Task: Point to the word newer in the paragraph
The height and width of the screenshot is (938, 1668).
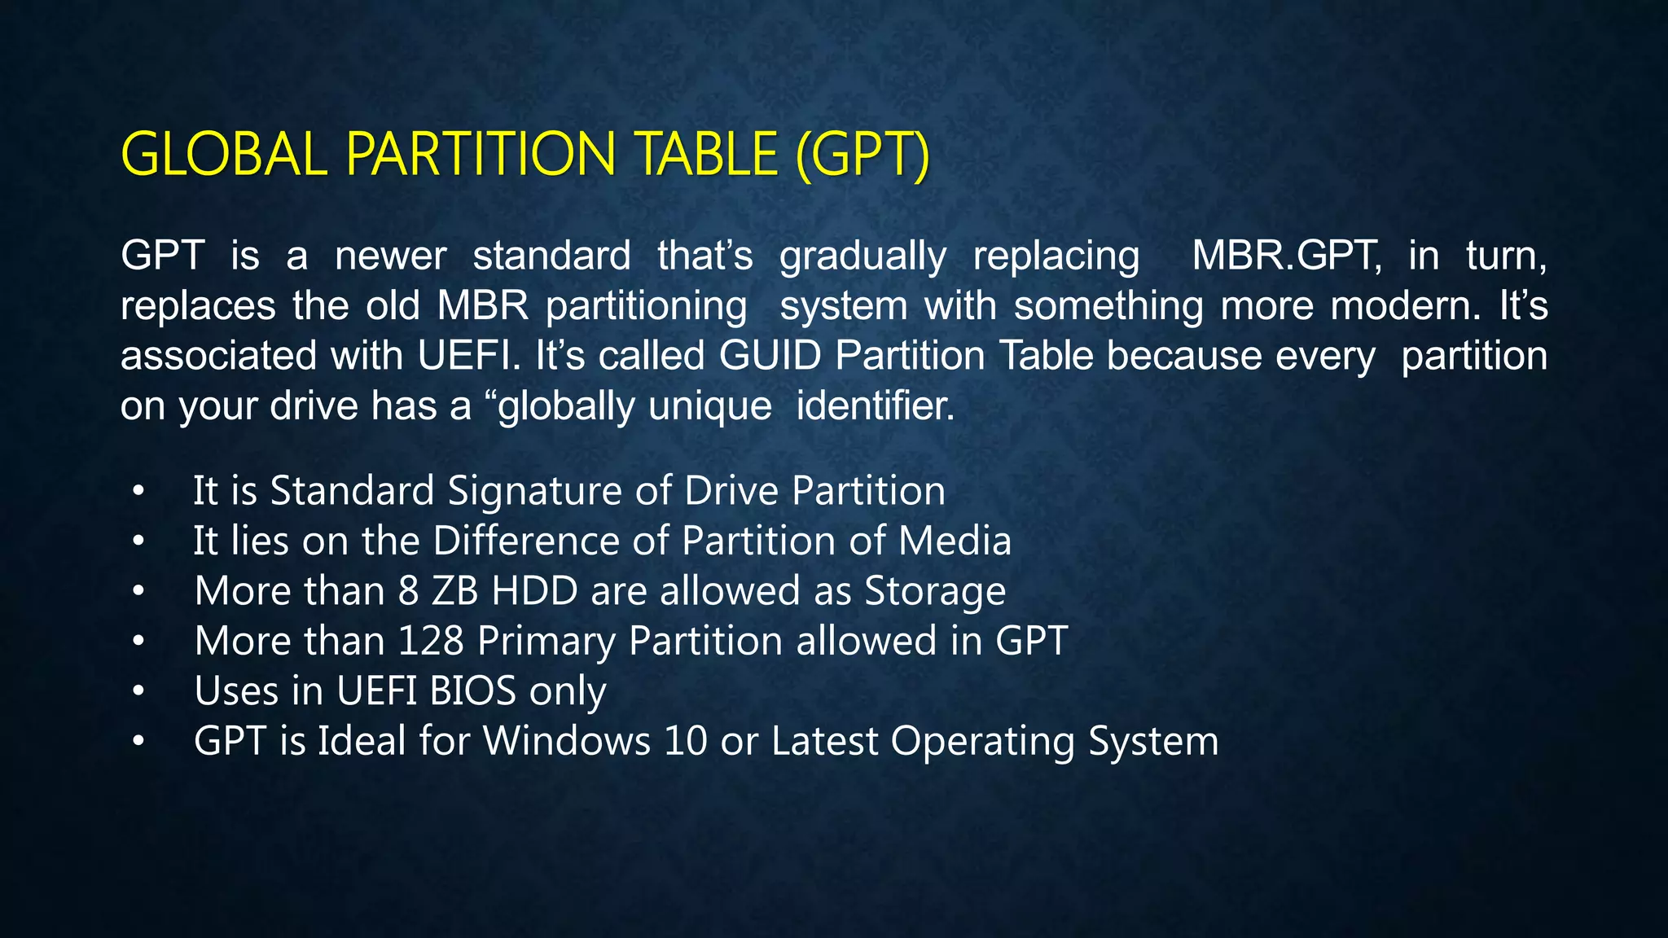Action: click(390, 256)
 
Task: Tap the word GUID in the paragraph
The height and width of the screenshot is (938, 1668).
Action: click(770, 356)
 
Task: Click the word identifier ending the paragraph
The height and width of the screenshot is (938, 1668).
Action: click(875, 405)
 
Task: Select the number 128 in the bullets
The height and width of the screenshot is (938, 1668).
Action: click(431, 642)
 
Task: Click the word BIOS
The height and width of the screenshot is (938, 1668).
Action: click(472, 691)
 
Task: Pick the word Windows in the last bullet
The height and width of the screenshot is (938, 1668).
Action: click(567, 742)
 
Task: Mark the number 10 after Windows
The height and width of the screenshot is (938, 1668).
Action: click(685, 742)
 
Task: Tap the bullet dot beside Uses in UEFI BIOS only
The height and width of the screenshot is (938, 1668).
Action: click(139, 691)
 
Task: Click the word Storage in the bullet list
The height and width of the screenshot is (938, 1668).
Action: click(935, 591)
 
